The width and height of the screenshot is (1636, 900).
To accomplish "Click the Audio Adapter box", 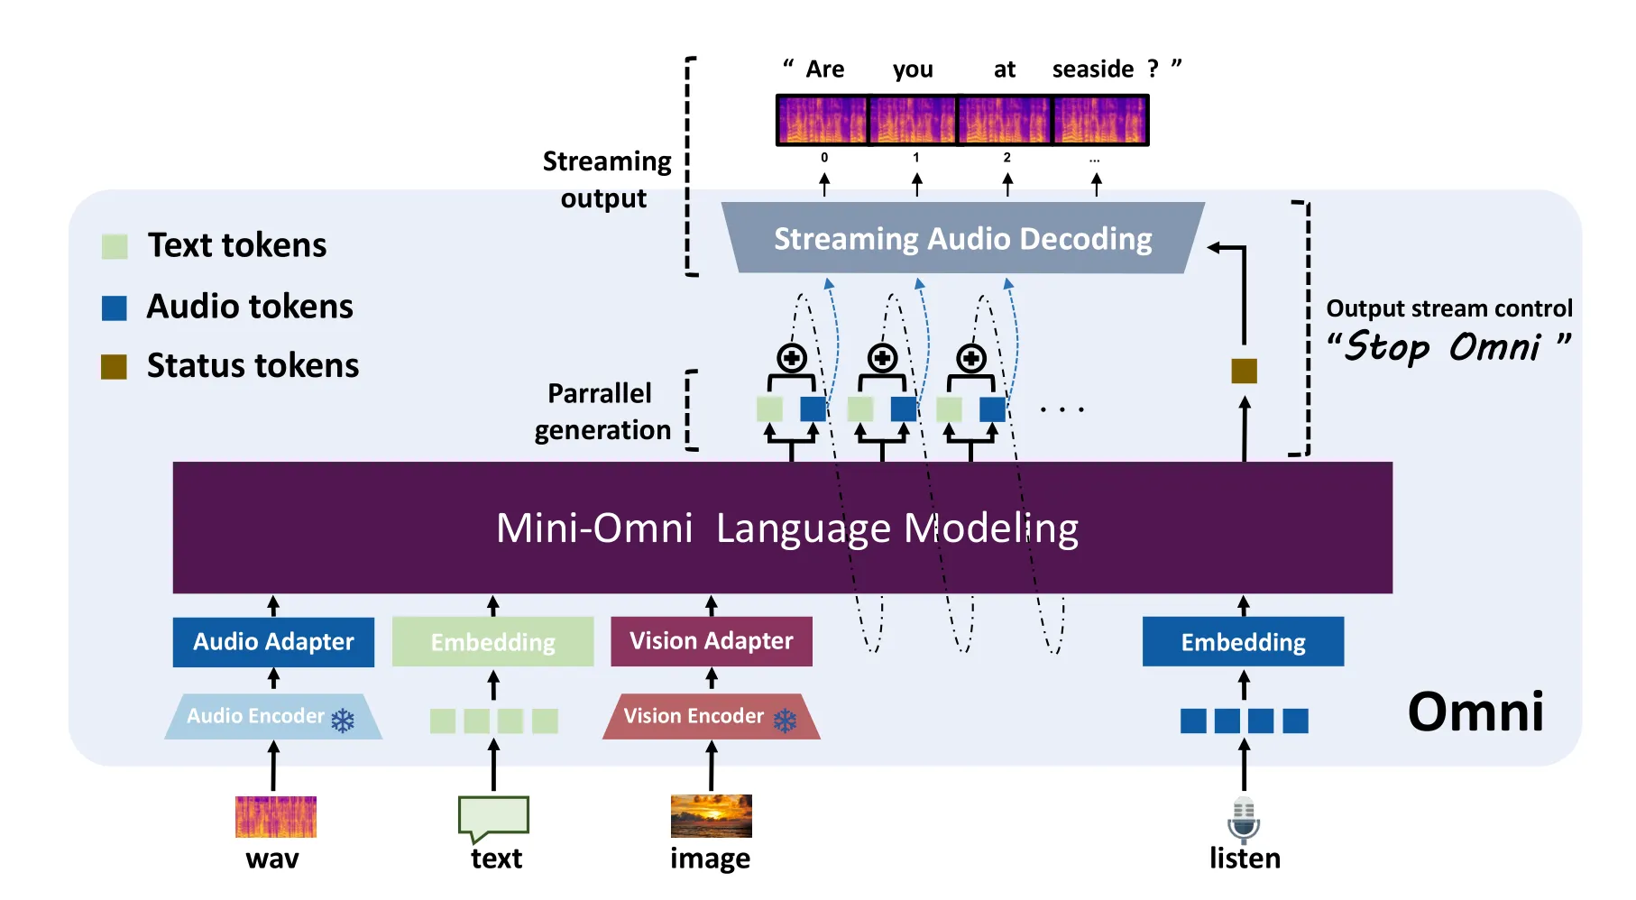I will pyautogui.click(x=273, y=641).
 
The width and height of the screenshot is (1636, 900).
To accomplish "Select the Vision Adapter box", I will pyautogui.click(x=711, y=641).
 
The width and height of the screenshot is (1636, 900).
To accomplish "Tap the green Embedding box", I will pyautogui.click(x=492, y=641).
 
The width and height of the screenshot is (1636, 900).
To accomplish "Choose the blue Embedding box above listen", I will pyautogui.click(x=1243, y=641).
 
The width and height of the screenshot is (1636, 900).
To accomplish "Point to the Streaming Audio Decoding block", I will pyautogui.click(x=962, y=238).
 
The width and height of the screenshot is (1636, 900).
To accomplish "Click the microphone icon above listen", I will pyautogui.click(x=1244, y=818).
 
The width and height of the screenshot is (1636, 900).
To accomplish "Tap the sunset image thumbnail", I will pyautogui.click(x=711, y=816).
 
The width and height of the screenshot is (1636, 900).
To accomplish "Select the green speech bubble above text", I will pyautogui.click(x=493, y=817).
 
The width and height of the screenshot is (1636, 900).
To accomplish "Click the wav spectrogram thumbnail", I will pyautogui.click(x=275, y=816).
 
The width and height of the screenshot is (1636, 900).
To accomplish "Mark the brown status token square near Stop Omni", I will pyautogui.click(x=1244, y=371).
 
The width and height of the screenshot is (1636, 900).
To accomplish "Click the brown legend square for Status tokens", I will pyautogui.click(x=114, y=366).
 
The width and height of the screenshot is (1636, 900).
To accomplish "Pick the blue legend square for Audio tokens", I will pyautogui.click(x=115, y=308).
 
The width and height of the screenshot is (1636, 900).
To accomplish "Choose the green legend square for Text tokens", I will pyautogui.click(x=115, y=246).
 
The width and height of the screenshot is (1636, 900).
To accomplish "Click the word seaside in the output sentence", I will pyautogui.click(x=1092, y=69).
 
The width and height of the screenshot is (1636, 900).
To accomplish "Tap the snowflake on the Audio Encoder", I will pyautogui.click(x=343, y=721).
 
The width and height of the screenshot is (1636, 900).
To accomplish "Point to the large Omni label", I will pyautogui.click(x=1475, y=712).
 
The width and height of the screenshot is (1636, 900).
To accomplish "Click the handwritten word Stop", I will pyautogui.click(x=1386, y=347).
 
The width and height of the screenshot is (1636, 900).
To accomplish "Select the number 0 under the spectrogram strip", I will pyautogui.click(x=824, y=158).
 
